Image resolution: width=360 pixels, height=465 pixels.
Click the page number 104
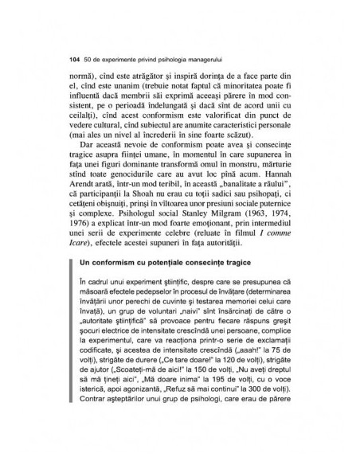pos(76,60)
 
